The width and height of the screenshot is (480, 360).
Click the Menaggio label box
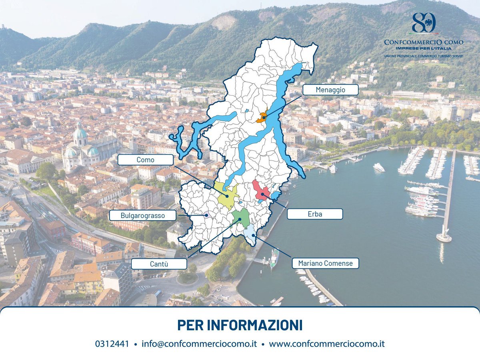click(330, 90)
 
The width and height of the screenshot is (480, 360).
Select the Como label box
click(146, 160)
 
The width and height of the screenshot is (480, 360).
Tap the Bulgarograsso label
click(142, 216)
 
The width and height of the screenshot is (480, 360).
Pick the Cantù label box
click(159, 264)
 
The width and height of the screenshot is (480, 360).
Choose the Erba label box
click(314, 214)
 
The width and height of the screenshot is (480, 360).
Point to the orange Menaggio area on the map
click(262, 118)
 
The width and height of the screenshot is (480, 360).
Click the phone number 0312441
click(112, 344)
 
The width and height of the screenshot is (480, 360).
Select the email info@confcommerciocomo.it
click(199, 344)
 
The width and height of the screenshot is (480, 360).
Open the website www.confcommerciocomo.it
click(326, 344)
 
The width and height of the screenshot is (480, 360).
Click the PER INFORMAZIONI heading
click(240, 325)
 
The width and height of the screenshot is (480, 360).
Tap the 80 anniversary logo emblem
click(423, 23)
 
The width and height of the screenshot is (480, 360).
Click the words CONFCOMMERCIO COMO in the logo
click(423, 42)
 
